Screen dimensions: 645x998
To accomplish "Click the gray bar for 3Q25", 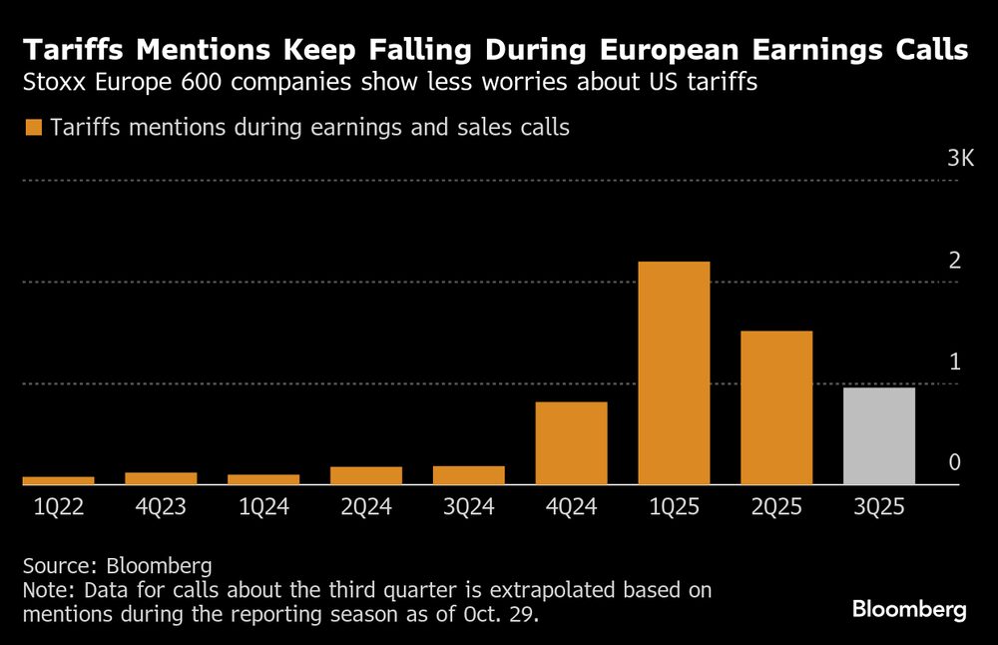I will click(878, 435).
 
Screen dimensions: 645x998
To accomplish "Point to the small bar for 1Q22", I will click(58, 480).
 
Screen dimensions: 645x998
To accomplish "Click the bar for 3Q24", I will click(468, 475).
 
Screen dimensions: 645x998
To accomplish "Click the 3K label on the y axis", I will click(960, 160).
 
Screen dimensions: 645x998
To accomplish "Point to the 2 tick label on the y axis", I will click(954, 262).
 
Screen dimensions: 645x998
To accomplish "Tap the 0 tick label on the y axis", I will click(954, 462).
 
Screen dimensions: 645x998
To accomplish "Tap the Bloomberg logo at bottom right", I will click(909, 609).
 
